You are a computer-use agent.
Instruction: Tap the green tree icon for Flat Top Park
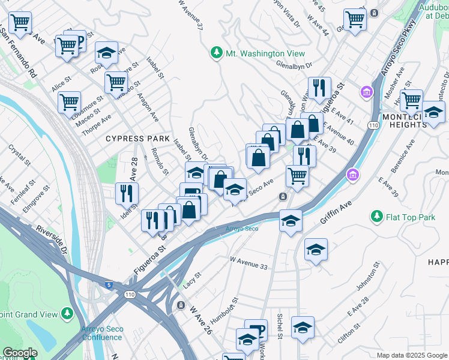[x=376, y=216]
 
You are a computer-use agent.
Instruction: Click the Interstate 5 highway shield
[x=108, y=285]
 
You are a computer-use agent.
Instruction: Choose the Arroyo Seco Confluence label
[x=101, y=333]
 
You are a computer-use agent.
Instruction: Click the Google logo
[x=20, y=353]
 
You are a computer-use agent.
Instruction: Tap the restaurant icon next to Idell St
[x=127, y=193]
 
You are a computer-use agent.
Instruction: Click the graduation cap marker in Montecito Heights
[x=433, y=112]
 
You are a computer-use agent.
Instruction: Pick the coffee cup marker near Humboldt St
[x=256, y=331]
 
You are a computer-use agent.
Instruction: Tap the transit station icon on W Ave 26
[x=180, y=305]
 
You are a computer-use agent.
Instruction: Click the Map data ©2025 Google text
[x=412, y=355]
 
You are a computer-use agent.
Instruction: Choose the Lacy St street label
[x=191, y=279]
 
